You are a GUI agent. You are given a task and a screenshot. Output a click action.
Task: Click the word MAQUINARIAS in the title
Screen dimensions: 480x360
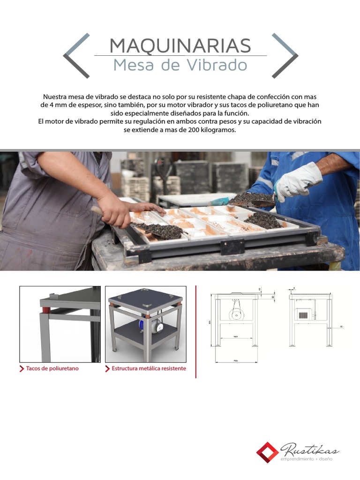coord(180,45)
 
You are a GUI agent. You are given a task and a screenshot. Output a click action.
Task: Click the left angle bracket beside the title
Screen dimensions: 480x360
coord(75,55)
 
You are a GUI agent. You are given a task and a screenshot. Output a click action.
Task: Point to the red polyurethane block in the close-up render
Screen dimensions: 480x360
coord(45,310)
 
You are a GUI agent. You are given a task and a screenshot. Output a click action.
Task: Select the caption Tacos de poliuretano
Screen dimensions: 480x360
coord(52,368)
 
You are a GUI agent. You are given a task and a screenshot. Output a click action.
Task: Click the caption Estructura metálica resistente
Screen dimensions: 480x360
coord(149,368)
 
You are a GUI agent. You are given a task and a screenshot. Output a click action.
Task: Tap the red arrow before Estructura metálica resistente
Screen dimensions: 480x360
coord(108,368)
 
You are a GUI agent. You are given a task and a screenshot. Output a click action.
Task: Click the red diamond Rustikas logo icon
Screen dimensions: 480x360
coord(268,453)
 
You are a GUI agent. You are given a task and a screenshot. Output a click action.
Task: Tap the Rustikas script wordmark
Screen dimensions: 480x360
coord(309,450)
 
